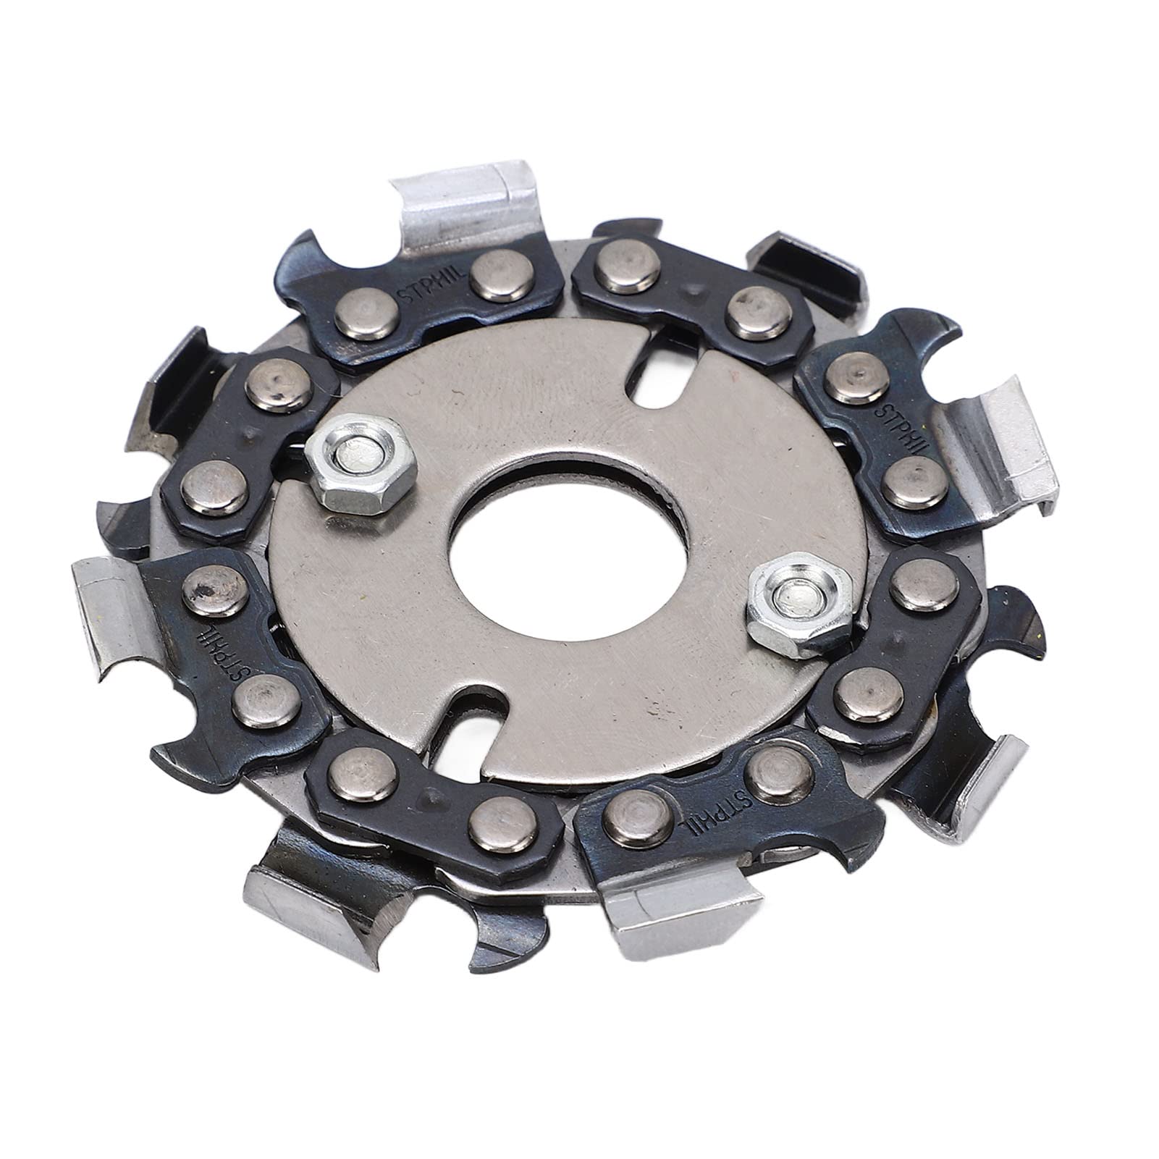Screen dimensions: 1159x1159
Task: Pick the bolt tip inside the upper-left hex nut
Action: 358,457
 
